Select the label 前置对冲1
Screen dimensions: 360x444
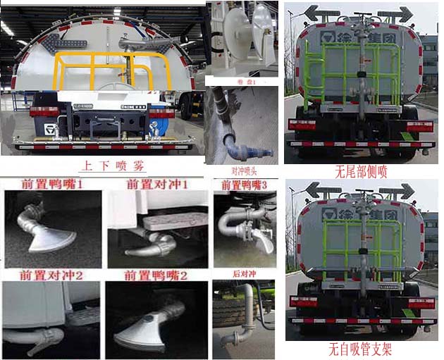[156, 185]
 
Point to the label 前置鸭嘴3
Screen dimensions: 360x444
[245, 185]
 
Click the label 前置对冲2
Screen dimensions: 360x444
[52, 275]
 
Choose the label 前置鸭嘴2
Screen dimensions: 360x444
[156, 275]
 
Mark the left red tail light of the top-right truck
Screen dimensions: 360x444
[303, 125]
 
